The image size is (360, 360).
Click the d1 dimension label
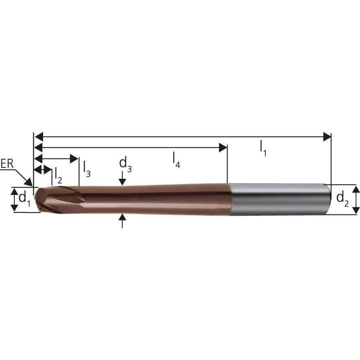pos(24,199)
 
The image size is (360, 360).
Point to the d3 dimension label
pos(126,165)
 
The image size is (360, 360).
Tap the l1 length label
pos(263,149)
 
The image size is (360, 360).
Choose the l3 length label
pos(87,169)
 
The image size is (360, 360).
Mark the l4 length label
pos(176,160)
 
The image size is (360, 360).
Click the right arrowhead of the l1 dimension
pos(327,137)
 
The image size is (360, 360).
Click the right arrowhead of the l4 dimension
pos(223,147)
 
